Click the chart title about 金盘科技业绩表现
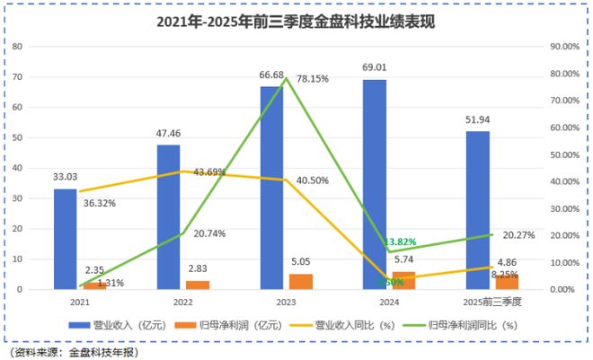(296, 22)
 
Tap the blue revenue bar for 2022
(168, 216)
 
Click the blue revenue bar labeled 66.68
(271, 188)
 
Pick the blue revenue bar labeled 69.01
(375, 184)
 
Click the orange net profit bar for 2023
(301, 281)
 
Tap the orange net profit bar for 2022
(198, 285)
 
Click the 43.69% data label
(207, 172)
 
